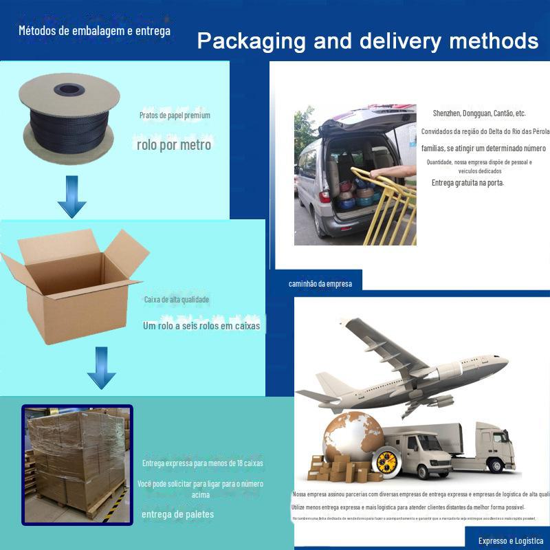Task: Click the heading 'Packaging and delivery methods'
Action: [367, 41]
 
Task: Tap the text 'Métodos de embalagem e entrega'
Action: [94, 30]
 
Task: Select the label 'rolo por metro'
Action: [173, 145]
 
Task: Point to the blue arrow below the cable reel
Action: [71, 196]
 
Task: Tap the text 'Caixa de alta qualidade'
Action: [177, 300]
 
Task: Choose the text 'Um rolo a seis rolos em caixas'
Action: [201, 326]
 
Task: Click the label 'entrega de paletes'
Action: [177, 514]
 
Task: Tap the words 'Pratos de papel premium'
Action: [175, 115]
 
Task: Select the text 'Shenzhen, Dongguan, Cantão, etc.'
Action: [479, 113]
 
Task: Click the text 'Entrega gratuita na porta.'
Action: [467, 183]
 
